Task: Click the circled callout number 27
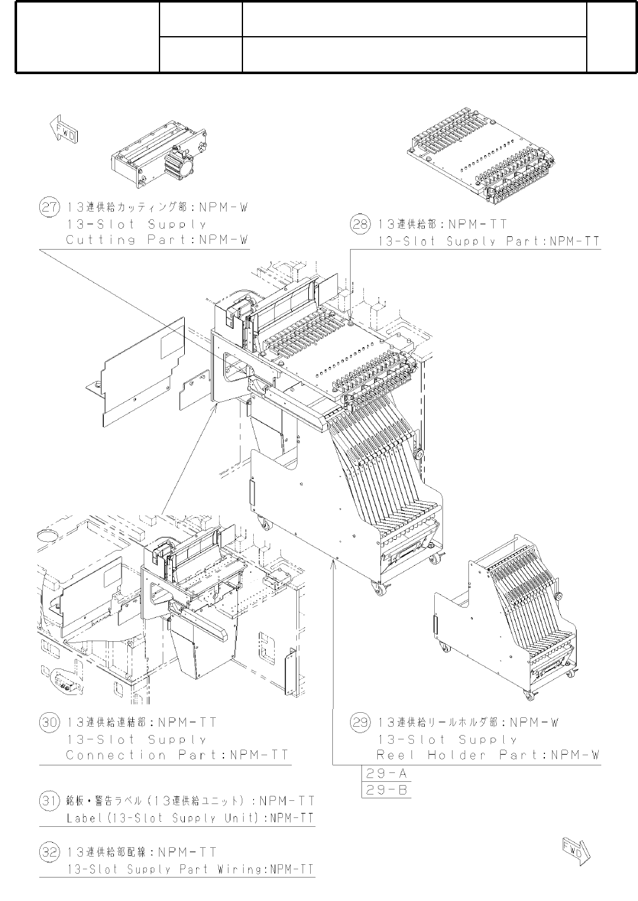(x=49, y=208)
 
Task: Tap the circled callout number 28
(x=360, y=224)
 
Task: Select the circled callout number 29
(x=360, y=723)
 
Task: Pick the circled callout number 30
(x=49, y=723)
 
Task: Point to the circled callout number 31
(x=49, y=802)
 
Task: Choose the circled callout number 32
(x=49, y=852)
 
